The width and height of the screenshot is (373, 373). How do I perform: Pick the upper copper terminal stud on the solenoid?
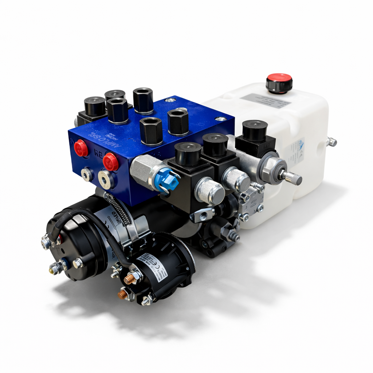point(130,279)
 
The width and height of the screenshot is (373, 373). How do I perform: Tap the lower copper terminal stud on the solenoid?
point(123,294)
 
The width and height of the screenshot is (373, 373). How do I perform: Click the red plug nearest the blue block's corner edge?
point(110,161)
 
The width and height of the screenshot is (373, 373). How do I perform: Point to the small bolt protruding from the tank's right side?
point(331,142)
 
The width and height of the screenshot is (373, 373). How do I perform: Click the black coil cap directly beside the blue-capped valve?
point(188,153)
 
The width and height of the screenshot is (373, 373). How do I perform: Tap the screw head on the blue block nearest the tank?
point(220,119)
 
